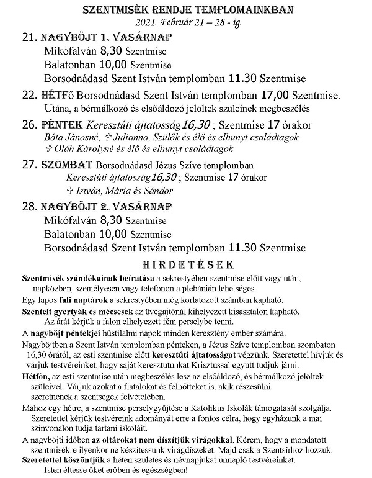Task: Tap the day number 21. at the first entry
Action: point(29,38)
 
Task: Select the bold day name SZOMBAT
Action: point(67,165)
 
